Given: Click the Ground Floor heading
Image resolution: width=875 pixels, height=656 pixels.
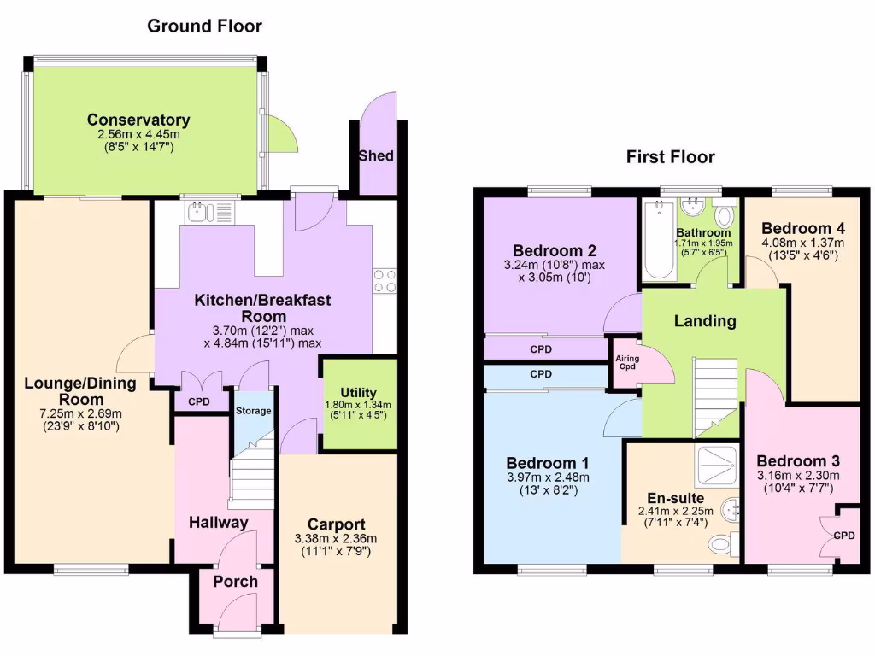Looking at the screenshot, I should point(204,26).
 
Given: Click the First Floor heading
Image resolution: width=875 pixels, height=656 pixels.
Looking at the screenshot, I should point(670,156).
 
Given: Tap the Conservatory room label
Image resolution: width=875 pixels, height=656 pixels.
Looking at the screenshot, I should point(138,120).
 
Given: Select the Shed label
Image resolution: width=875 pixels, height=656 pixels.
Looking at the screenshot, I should point(376,155).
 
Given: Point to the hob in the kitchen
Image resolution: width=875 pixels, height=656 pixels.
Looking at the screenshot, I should point(385,279).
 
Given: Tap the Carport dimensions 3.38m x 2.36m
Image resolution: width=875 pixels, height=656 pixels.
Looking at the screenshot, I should point(337,539).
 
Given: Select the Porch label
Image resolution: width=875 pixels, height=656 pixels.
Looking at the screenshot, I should point(235,582).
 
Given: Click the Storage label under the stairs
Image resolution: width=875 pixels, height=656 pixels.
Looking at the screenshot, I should point(254,411).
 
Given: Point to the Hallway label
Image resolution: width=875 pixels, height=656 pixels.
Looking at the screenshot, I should point(219,522).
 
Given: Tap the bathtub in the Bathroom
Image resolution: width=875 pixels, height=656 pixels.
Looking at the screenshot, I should point(658,240).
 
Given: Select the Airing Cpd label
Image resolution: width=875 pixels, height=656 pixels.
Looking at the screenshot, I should point(625,362).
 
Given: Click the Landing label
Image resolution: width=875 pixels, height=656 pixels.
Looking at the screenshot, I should point(705,321).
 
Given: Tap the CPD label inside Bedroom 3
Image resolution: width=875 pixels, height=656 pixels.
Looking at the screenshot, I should point(844,536).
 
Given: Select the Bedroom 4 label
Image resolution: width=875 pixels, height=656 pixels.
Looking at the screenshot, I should point(797,228).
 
